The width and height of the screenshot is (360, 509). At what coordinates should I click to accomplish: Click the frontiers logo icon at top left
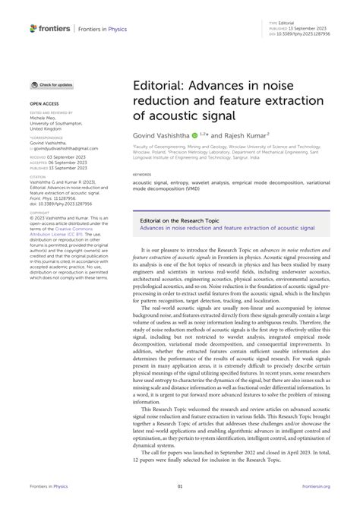pyautogui.click(x=33, y=27)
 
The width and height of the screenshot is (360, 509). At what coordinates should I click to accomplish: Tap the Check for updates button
pyautogui.click(x=52, y=84)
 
